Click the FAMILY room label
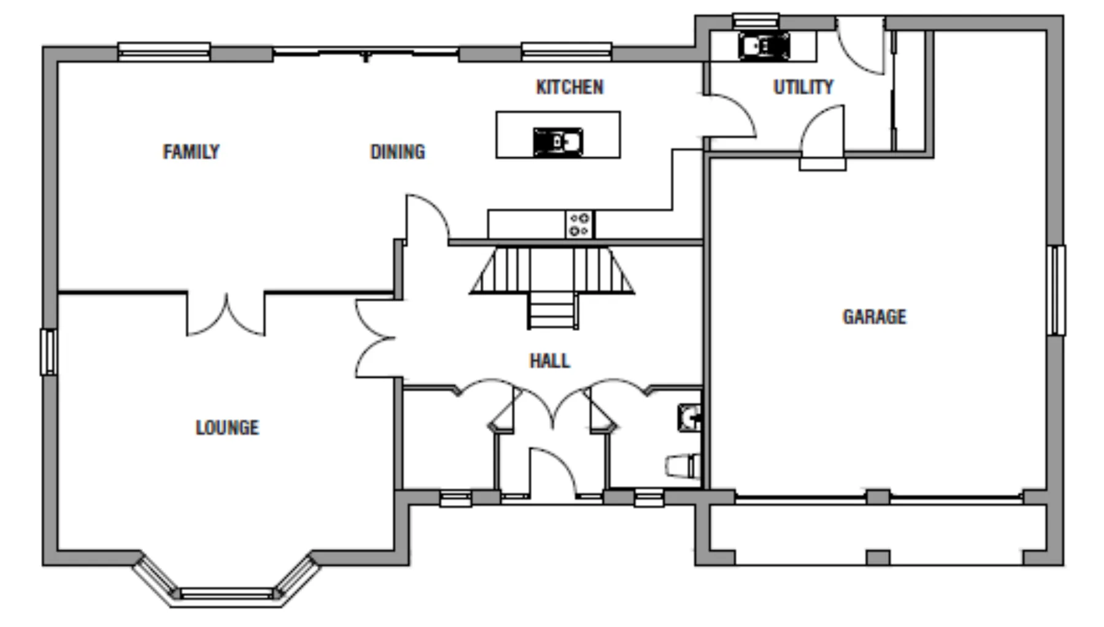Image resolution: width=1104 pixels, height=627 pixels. [191, 151]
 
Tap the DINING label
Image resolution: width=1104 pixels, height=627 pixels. [397, 151]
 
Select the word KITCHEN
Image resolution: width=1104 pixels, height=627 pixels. [570, 87]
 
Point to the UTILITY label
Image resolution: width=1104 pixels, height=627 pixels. [803, 87]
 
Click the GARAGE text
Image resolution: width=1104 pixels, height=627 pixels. [874, 317]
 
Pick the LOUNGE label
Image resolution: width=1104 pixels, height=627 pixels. [227, 427]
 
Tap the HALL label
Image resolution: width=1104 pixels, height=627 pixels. [550, 360]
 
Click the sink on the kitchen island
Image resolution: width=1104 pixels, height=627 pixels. [558, 142]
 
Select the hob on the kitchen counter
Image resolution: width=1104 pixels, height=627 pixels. [579, 224]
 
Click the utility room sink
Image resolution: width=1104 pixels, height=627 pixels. [764, 45]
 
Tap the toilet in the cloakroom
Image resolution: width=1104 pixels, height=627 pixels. [684, 465]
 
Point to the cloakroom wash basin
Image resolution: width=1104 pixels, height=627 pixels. [690, 417]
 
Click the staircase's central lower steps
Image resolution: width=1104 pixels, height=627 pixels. [553, 310]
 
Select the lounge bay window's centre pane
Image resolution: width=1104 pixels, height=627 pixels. [226, 593]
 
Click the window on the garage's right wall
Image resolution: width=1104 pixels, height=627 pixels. [1056, 290]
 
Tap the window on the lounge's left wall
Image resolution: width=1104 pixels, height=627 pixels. [48, 352]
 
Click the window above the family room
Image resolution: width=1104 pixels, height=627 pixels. [164, 51]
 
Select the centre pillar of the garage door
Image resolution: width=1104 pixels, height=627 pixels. [878, 496]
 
